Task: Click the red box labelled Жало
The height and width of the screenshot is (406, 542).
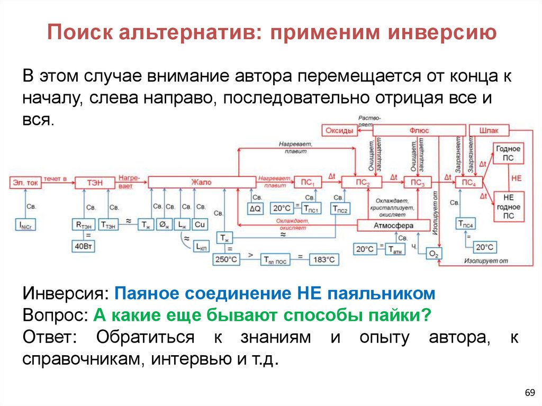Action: (x=201, y=182)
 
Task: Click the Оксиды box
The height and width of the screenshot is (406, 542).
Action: (x=339, y=130)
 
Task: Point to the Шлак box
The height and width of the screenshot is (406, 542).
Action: (x=489, y=130)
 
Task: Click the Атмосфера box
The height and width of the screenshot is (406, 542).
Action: (x=392, y=225)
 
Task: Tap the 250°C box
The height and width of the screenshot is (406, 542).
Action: (x=227, y=259)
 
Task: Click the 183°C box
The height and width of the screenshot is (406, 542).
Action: (x=323, y=259)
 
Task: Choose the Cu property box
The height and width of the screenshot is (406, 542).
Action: (x=199, y=224)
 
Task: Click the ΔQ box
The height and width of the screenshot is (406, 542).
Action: (x=256, y=208)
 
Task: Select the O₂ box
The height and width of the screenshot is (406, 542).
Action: (x=434, y=255)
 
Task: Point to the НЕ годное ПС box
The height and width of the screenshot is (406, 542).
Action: (x=508, y=206)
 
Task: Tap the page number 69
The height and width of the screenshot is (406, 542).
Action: (x=529, y=392)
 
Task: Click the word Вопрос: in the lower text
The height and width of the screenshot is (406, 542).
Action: (x=56, y=315)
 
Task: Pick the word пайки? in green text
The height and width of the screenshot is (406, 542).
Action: (x=395, y=315)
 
